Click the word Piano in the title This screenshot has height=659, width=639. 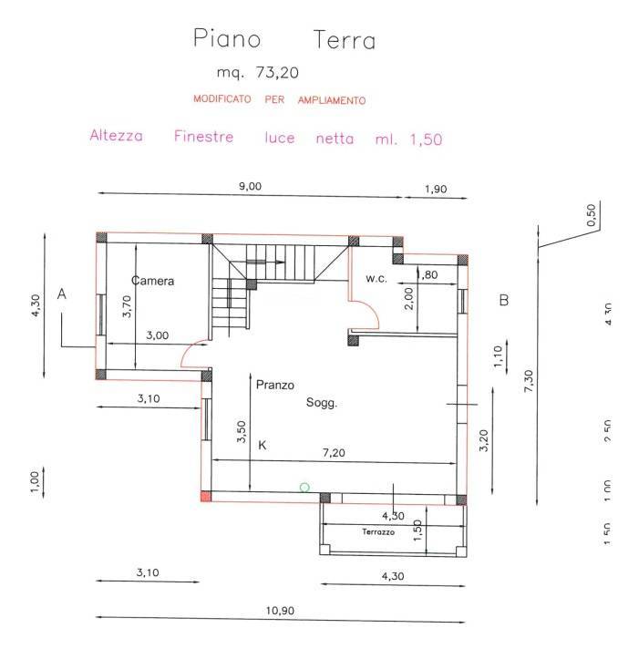pyautogui.click(x=227, y=39)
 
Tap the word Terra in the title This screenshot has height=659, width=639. pyautogui.click(x=344, y=40)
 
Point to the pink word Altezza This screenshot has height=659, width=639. pyautogui.click(x=116, y=138)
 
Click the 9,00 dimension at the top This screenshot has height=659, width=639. pyautogui.click(x=250, y=186)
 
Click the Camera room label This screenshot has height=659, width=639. pyautogui.click(x=152, y=281)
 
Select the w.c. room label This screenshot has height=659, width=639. pyautogui.click(x=376, y=278)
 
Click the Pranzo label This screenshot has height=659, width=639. pyautogui.click(x=274, y=386)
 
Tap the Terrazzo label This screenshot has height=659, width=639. pyautogui.click(x=377, y=531)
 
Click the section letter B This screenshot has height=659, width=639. pyautogui.click(x=503, y=300)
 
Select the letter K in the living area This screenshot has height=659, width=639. pyautogui.click(x=263, y=446)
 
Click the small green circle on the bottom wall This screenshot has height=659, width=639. pyautogui.click(x=304, y=489)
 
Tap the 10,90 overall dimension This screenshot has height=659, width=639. pyautogui.click(x=281, y=611)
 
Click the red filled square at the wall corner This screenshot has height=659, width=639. pyautogui.click(x=204, y=497)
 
